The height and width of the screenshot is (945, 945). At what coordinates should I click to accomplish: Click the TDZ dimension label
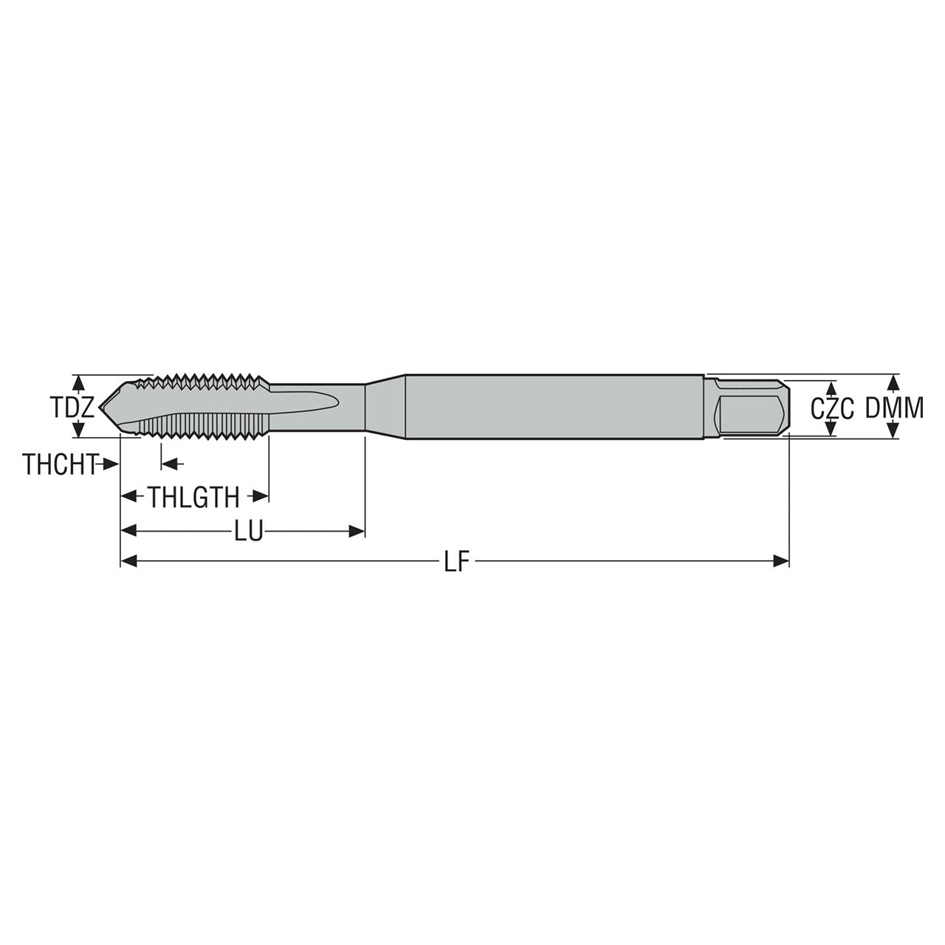click(72, 407)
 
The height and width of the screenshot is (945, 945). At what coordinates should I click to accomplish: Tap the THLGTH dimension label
click(193, 498)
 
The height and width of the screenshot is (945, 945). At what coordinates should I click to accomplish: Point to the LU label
click(249, 531)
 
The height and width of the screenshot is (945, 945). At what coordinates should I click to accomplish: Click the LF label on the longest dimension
click(457, 560)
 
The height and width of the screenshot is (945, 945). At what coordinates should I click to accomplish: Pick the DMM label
click(894, 408)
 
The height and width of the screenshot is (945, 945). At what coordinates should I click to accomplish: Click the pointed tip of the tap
click(100, 406)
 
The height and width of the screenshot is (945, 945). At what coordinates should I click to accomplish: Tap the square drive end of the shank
click(747, 407)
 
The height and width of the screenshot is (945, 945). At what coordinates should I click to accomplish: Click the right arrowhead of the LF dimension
click(781, 560)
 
